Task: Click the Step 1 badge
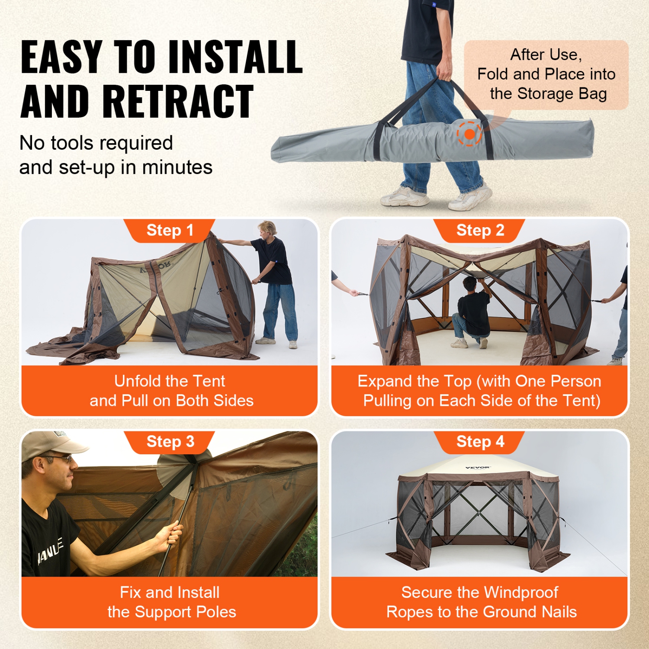click(x=170, y=230)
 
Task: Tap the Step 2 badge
click(x=480, y=230)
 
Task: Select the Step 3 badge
click(x=170, y=442)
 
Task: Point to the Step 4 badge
click(x=480, y=442)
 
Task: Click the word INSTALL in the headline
click(x=235, y=57)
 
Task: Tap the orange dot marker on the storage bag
click(x=469, y=134)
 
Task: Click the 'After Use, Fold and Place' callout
click(x=546, y=74)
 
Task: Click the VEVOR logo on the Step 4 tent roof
click(x=478, y=468)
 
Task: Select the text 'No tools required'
click(x=96, y=143)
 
